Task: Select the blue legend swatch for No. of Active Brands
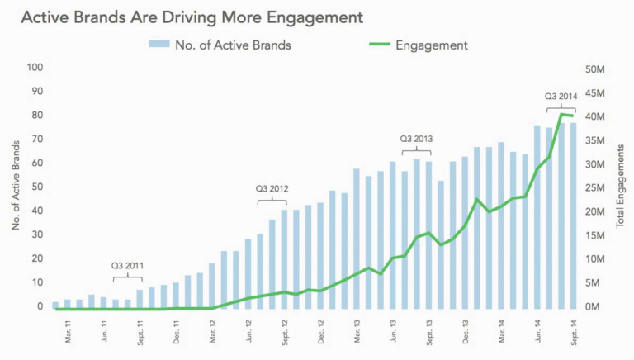158,44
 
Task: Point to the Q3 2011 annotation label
128,266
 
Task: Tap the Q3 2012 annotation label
272,188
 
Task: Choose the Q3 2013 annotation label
417,139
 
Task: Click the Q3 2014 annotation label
561,96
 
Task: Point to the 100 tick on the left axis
34,67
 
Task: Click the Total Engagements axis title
621,187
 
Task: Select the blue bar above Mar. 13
357,239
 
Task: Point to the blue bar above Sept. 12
284,260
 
